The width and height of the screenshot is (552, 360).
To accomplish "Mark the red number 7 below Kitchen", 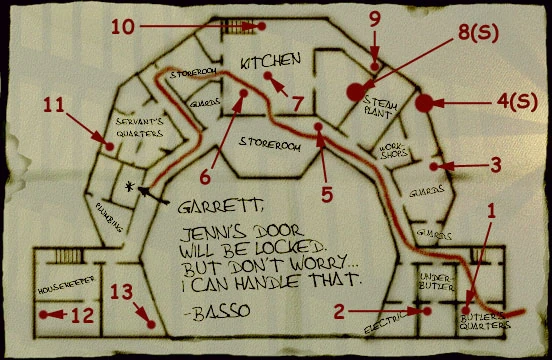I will (x=297, y=102).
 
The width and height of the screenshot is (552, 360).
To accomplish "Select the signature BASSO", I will (x=208, y=317).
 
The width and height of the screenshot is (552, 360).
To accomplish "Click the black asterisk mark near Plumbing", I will (x=129, y=186).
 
